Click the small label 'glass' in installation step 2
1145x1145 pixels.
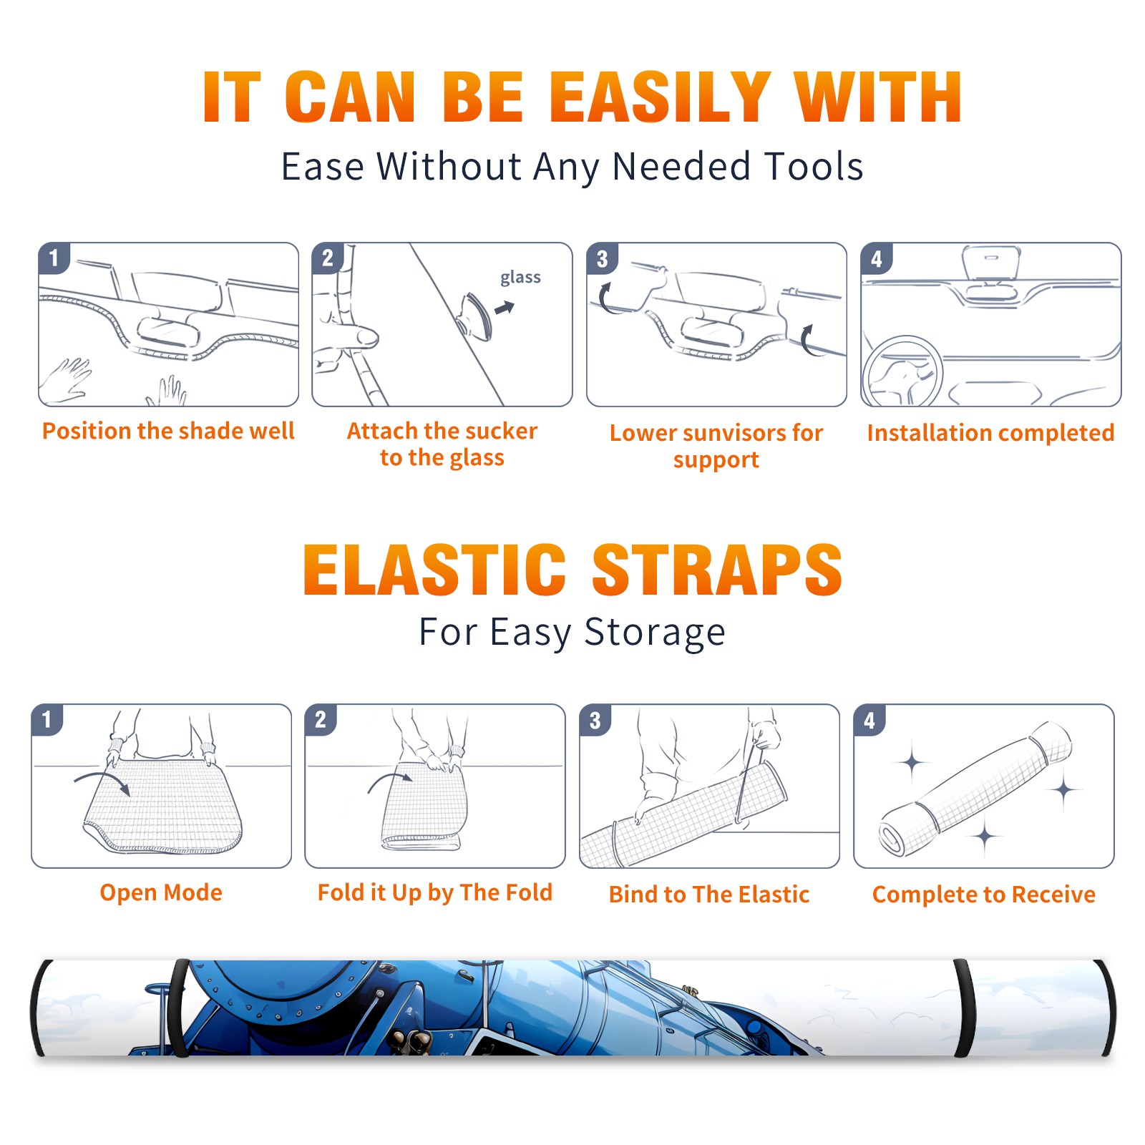(x=520, y=278)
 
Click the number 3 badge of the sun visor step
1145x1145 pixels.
(x=602, y=258)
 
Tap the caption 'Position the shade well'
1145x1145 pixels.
(x=168, y=431)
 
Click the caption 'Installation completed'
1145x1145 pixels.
(x=990, y=433)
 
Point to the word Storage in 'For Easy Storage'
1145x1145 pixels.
(x=655, y=633)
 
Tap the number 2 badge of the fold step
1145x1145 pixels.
(x=320, y=719)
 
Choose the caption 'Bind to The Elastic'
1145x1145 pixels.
(x=708, y=895)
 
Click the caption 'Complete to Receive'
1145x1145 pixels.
(x=984, y=895)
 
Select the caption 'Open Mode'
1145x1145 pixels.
(x=161, y=892)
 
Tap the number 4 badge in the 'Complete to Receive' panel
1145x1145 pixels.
(x=869, y=720)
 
